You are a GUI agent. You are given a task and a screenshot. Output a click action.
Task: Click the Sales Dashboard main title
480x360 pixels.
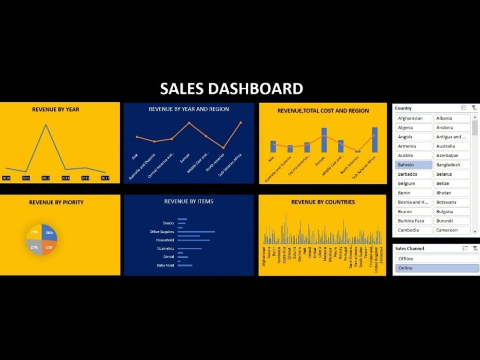[x=231, y=89]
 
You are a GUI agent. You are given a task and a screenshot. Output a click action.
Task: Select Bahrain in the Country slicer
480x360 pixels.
[x=413, y=165]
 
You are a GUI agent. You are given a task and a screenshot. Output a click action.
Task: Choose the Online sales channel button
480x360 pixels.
[x=437, y=268]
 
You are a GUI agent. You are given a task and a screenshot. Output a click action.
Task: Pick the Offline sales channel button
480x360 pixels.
[x=437, y=259]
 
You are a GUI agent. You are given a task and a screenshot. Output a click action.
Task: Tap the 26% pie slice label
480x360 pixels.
[x=49, y=232]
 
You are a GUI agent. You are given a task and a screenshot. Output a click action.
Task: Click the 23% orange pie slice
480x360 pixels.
[x=48, y=247]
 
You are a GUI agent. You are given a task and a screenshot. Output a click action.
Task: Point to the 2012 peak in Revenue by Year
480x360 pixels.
[x=46, y=125]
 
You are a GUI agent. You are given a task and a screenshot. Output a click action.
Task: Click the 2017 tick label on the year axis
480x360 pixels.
[x=105, y=178]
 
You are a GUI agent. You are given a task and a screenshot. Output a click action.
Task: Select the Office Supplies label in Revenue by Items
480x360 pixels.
[x=161, y=231]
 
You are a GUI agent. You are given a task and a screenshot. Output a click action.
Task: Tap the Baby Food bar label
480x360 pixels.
[x=165, y=265]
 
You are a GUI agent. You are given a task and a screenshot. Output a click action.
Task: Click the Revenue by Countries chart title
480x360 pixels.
[x=323, y=202]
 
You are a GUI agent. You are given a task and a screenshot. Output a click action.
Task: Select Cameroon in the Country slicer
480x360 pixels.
[x=452, y=230]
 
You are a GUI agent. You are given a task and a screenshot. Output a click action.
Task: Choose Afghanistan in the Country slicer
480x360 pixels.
[x=413, y=118]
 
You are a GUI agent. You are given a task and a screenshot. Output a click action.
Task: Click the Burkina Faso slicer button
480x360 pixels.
[x=413, y=221]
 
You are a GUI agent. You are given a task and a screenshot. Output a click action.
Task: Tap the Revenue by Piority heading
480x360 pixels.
[x=56, y=202]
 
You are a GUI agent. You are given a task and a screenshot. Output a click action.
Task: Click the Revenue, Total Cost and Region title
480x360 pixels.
[x=323, y=110]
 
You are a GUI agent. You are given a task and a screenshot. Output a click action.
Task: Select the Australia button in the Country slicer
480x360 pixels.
[x=452, y=146]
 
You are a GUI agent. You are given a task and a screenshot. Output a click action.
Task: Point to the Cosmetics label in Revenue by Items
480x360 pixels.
[x=166, y=248]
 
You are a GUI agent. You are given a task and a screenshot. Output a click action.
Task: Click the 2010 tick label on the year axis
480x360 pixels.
[x=6, y=178]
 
